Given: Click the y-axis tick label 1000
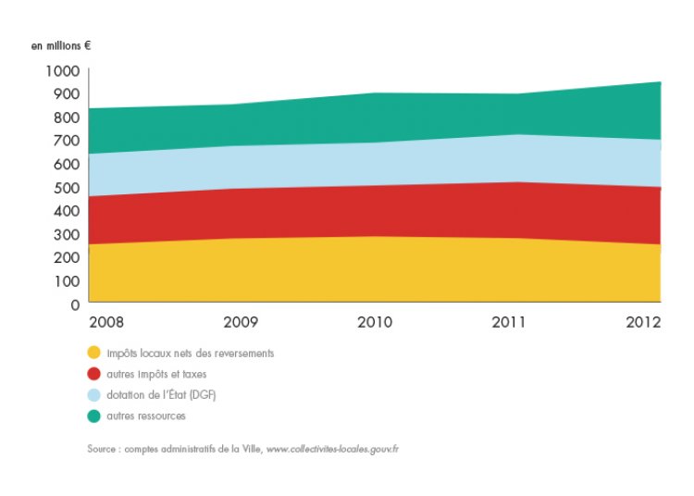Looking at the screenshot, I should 62,70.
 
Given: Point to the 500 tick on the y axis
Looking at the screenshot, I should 67,187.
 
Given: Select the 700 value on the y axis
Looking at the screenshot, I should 67,141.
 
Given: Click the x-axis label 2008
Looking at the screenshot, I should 106,323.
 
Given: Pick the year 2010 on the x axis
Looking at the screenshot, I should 374,323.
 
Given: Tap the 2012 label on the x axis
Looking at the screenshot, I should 642,323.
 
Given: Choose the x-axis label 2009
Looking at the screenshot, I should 240,323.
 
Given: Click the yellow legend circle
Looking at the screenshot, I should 93,353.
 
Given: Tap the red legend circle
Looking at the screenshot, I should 93,374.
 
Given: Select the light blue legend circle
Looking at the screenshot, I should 93,395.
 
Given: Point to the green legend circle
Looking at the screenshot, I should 93,416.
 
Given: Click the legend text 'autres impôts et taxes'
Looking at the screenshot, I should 156,374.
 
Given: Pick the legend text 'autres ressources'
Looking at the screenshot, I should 146,416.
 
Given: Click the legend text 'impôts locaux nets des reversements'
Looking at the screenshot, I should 191,353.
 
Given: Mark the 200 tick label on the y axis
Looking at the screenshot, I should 67,257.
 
